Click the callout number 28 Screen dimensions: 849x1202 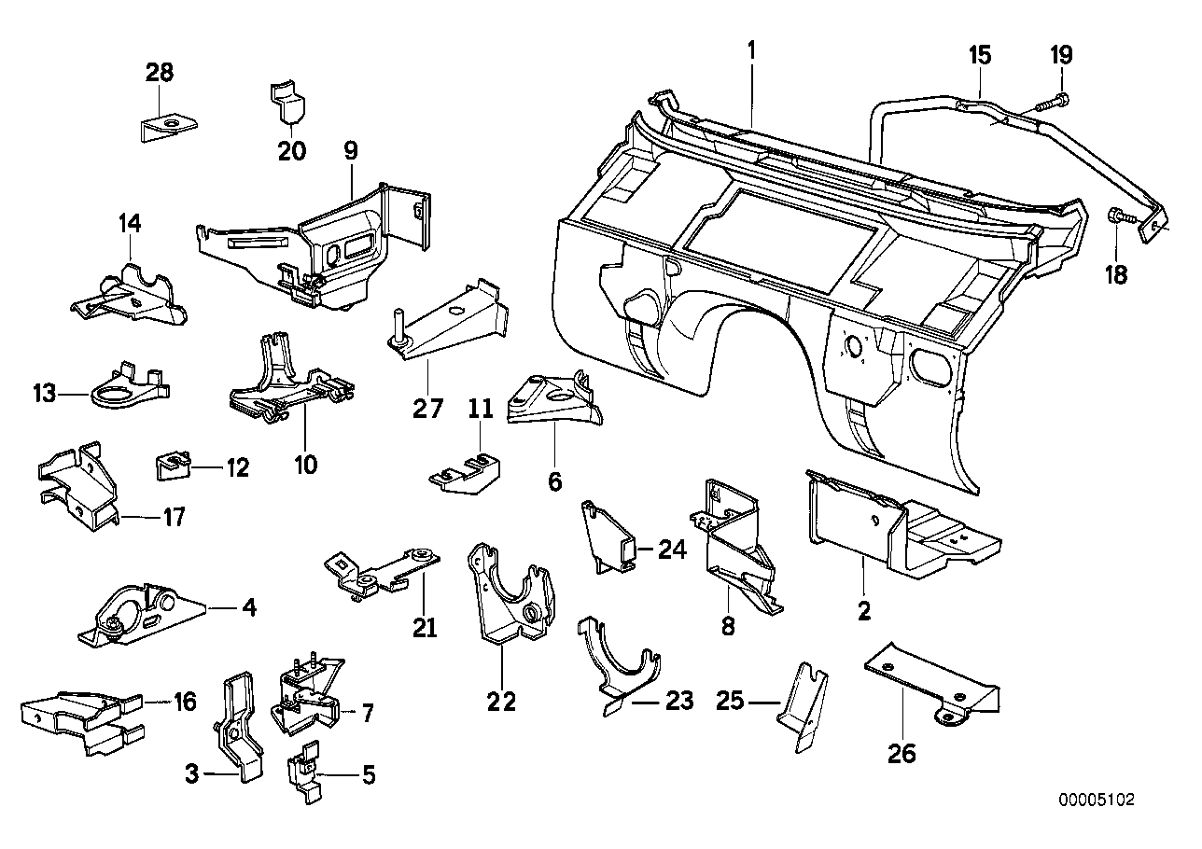pos(159,72)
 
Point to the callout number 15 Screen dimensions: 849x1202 pos(979,55)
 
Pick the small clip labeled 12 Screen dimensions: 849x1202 pos(172,464)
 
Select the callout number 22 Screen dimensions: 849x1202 pos(501,701)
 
